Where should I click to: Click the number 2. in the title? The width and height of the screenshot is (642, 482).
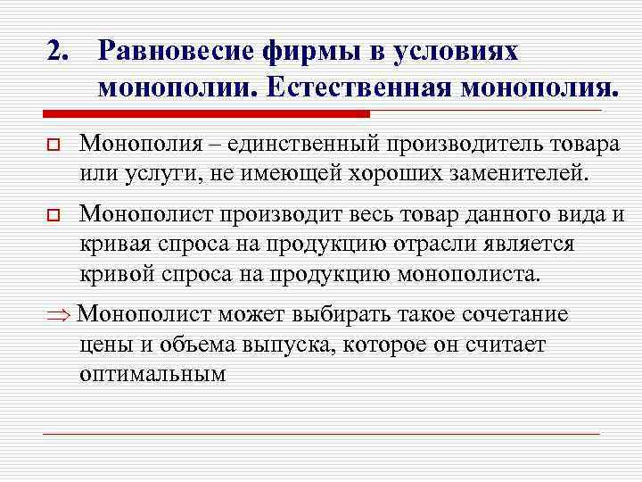[x=58, y=51]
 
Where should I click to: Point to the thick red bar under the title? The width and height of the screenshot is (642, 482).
[x=206, y=114]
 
